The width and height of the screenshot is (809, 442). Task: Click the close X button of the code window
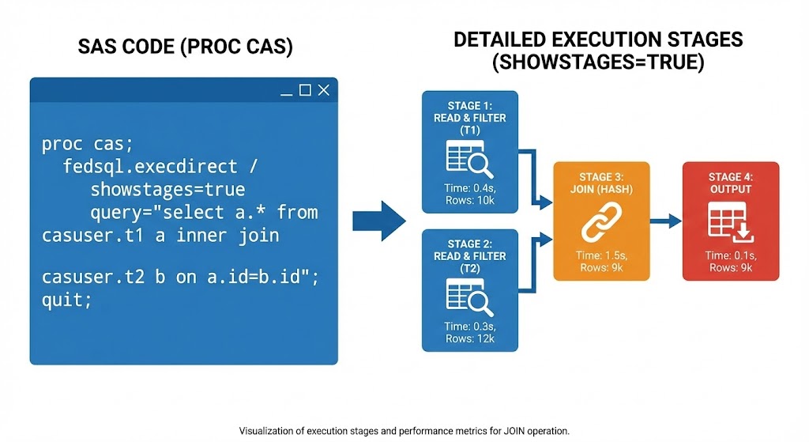point(323,90)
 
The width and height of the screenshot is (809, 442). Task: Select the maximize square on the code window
point(305,90)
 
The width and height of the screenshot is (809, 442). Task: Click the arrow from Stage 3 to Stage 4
point(664,222)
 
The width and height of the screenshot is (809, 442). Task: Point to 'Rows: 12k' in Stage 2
point(469,338)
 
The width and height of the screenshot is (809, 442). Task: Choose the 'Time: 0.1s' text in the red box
point(731,255)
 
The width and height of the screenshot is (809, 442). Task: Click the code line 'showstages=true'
point(167,191)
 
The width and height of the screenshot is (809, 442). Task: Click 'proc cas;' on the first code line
point(88,145)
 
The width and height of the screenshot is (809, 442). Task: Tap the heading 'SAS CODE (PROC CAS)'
point(185,48)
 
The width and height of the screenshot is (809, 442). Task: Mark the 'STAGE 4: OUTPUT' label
point(731,183)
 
